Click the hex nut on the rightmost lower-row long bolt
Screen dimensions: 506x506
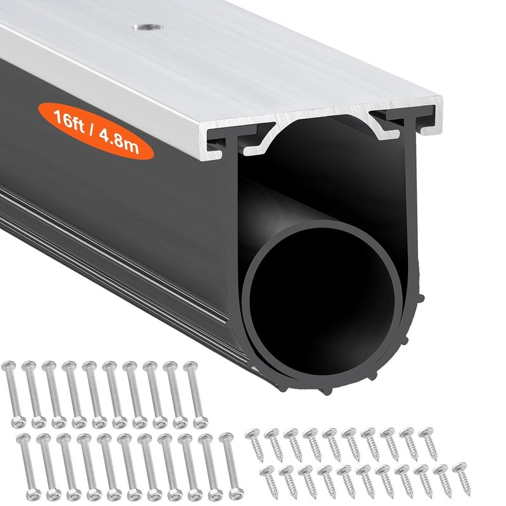pos(236,491)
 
